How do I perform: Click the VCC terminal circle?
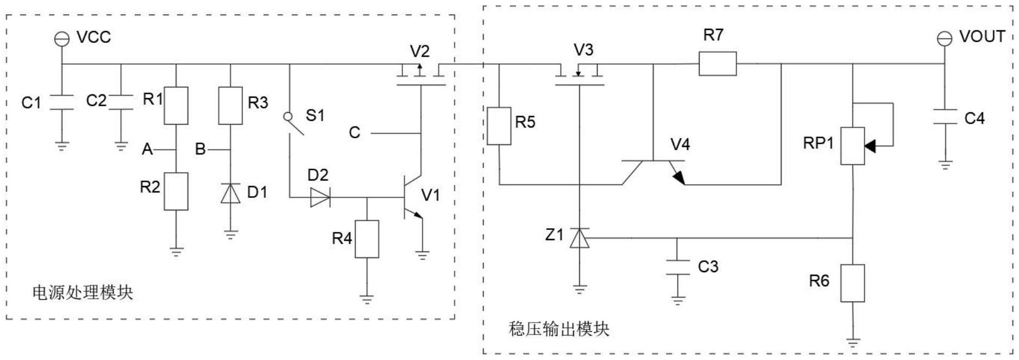pyautogui.click(x=62, y=38)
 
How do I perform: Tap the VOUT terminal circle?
pyautogui.click(x=944, y=38)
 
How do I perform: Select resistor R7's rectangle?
pyautogui.click(x=717, y=63)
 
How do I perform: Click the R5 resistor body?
pyautogui.click(x=498, y=126)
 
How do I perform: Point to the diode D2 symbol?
pyautogui.click(x=320, y=197)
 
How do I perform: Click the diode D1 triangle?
pyautogui.click(x=230, y=194)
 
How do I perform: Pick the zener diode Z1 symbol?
pyautogui.click(x=579, y=238)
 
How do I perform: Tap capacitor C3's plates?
pyautogui.click(x=677, y=267)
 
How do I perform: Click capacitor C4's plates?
pyautogui.click(x=945, y=117)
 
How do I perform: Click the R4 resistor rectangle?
pyautogui.click(x=367, y=239)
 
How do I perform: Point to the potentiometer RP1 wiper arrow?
pyautogui.click(x=870, y=146)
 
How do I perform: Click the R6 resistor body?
pyautogui.click(x=852, y=283)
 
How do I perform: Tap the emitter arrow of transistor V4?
pyautogui.click(x=678, y=177)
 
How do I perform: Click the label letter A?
pyautogui.click(x=147, y=149)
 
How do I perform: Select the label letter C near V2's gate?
pyautogui.click(x=354, y=133)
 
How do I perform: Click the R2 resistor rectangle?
pyautogui.click(x=176, y=191)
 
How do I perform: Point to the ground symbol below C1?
pyautogui.click(x=62, y=146)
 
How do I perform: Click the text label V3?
pyautogui.click(x=583, y=50)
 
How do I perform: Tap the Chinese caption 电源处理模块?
pyautogui.click(x=82, y=293)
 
